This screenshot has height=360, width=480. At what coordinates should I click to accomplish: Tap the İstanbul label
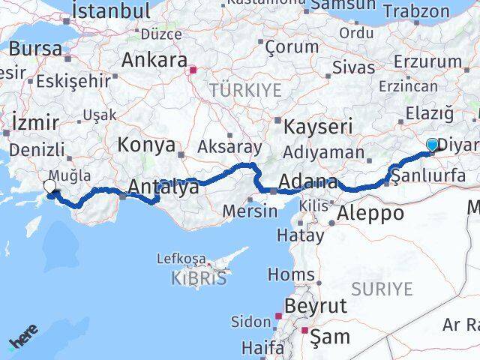(x=110, y=11)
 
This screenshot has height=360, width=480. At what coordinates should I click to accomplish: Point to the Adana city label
(x=307, y=182)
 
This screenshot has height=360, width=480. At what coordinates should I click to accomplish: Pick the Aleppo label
(x=370, y=213)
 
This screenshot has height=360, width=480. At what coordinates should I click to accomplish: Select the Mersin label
(x=250, y=211)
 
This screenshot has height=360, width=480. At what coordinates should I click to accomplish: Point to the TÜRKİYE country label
(x=244, y=91)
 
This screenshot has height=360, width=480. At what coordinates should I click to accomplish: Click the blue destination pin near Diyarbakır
(x=433, y=145)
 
